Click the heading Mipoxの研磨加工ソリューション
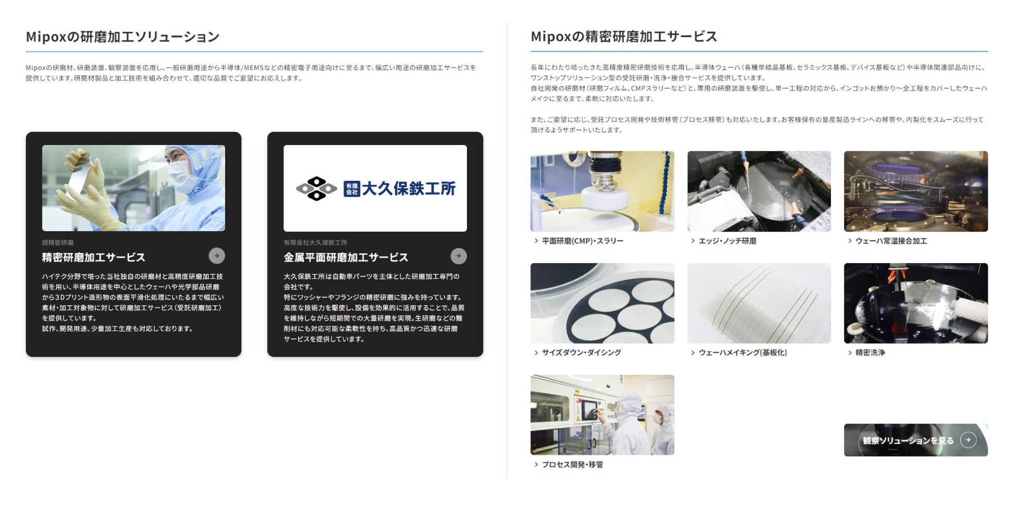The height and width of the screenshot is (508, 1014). (123, 36)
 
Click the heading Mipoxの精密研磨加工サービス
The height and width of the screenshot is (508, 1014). (623, 36)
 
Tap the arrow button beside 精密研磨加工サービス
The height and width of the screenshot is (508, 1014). (217, 256)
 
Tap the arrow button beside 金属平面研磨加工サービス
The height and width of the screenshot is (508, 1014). (458, 256)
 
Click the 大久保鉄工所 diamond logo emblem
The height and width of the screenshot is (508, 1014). (316, 188)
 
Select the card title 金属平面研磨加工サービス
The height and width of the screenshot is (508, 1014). (346, 257)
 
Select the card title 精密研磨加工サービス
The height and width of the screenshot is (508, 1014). (94, 257)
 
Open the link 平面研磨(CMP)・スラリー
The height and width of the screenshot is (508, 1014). (582, 241)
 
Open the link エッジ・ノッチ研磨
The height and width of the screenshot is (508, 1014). (727, 241)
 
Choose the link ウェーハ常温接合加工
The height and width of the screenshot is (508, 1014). (891, 241)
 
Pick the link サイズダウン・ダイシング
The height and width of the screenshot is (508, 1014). (581, 353)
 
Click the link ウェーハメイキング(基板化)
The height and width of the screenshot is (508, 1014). (743, 353)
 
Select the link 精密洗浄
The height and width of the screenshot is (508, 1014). (870, 353)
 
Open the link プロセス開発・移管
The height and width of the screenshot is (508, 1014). (573, 464)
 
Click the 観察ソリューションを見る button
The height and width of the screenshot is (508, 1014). (916, 440)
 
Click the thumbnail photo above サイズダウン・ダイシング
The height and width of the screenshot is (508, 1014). (602, 303)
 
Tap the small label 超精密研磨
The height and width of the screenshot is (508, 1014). (58, 242)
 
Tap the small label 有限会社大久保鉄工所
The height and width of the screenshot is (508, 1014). (315, 242)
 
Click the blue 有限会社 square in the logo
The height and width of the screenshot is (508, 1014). (352, 189)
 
